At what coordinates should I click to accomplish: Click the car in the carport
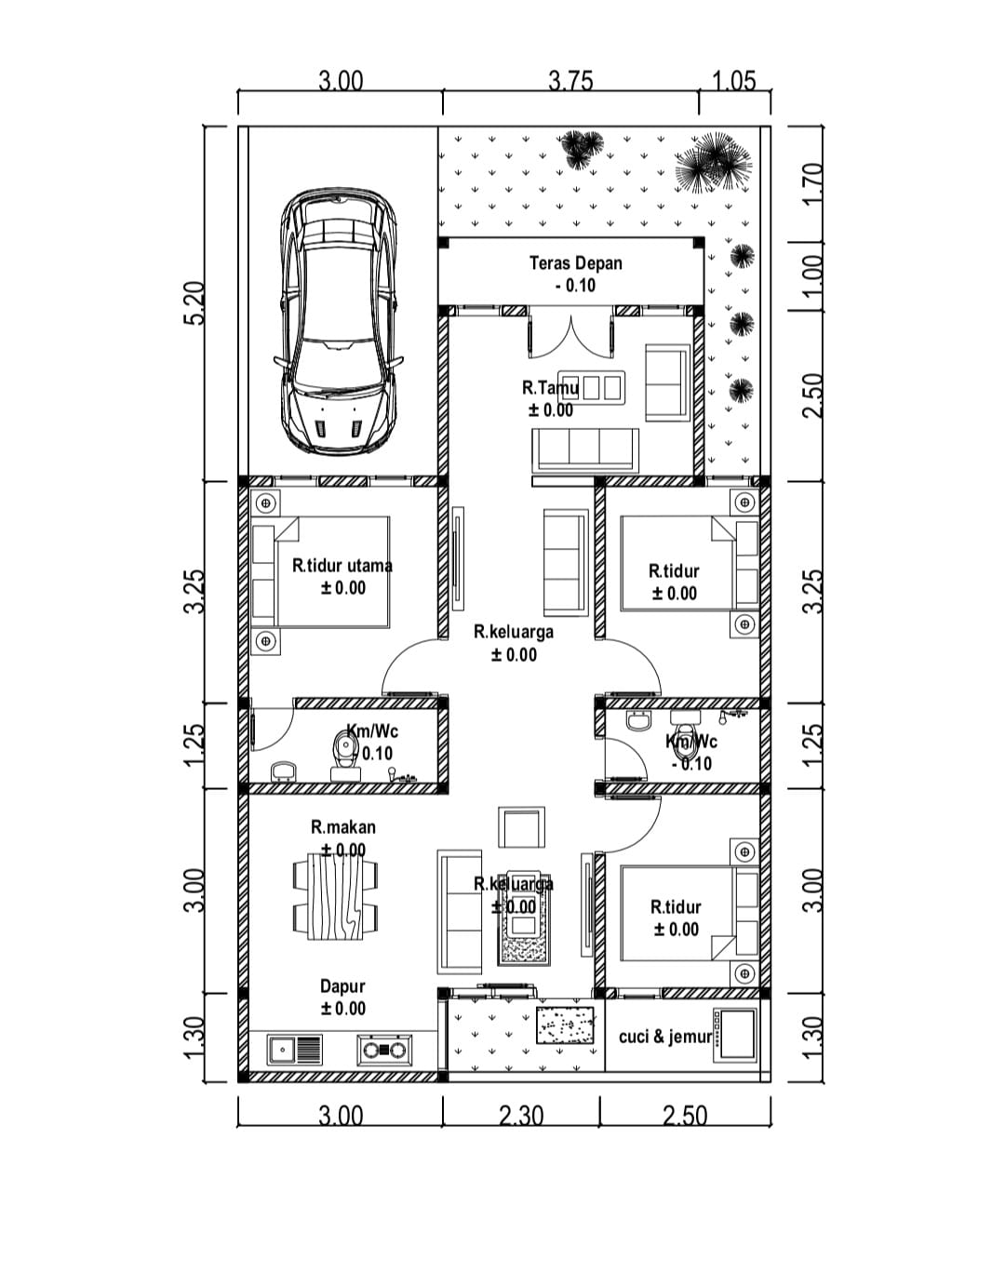pos(339,322)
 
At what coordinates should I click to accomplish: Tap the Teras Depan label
pos(576,263)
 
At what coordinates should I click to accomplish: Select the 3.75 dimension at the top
pos(570,81)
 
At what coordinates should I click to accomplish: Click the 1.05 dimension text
pos(734,81)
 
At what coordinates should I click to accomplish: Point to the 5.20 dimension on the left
pos(194,303)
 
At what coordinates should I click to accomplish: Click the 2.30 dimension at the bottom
pos(520,1116)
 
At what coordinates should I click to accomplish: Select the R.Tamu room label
pos(550,388)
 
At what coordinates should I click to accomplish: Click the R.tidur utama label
pos(342,566)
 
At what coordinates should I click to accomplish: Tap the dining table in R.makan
pos(335,896)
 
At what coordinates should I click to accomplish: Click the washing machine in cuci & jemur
pos(735,1035)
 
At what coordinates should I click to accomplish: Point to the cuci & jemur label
pos(665,1037)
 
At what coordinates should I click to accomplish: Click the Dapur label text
pos(342,986)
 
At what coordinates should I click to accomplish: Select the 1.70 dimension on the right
pos(814,183)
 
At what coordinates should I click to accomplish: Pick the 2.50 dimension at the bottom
pos(685,1116)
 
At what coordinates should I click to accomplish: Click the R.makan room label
pos(343,826)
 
